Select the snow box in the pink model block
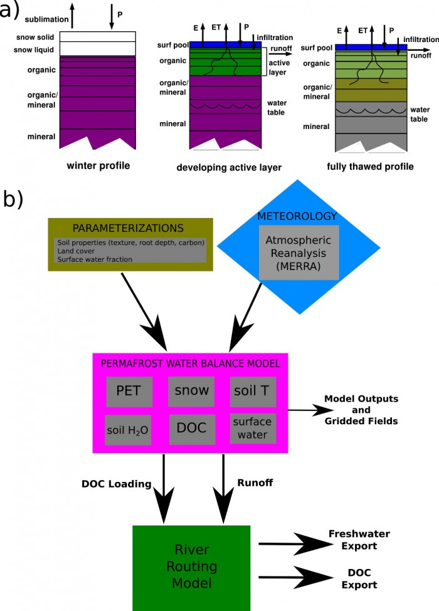click(x=191, y=392)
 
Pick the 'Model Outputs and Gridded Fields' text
click(x=361, y=410)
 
